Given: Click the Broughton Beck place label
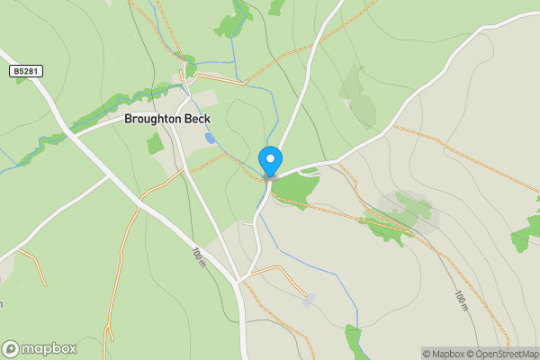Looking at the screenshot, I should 167,118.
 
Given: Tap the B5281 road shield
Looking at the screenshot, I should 27,70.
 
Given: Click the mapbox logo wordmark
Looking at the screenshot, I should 49,348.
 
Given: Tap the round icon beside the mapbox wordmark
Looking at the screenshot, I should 11,348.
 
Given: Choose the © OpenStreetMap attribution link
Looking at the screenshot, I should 504,353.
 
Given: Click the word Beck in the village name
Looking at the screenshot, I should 197,118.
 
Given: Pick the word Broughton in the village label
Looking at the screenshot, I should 152,118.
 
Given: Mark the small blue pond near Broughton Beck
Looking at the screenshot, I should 211,139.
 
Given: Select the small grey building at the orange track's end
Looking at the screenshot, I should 309,300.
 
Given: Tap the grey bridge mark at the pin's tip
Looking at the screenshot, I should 268,177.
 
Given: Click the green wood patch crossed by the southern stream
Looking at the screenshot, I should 353,339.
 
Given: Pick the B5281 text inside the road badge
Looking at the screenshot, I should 27,70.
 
